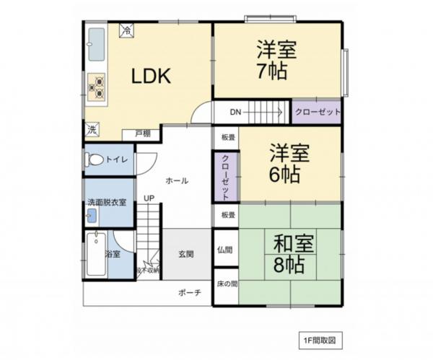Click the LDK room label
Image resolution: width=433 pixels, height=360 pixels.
[x=151, y=76]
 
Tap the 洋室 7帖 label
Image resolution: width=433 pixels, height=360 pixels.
[x=276, y=61]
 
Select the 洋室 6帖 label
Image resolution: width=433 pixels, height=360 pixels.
[x=289, y=164]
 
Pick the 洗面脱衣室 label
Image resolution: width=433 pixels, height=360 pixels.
[x=107, y=202]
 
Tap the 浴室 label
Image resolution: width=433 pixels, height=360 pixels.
[x=112, y=254]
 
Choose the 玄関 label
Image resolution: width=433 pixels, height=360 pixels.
[x=185, y=254]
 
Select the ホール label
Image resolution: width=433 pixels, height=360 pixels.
[x=177, y=180]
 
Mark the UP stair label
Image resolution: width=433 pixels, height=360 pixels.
[x=148, y=198]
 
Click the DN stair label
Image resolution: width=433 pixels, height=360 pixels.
[x=235, y=113]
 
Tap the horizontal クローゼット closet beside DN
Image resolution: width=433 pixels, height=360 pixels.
[x=316, y=113]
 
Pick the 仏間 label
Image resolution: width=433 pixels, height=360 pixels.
[x=224, y=250]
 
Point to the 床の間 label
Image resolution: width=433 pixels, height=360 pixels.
[x=226, y=284]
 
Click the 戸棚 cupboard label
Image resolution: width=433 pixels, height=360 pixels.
[x=142, y=133]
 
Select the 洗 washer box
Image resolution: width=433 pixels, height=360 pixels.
[x=92, y=130]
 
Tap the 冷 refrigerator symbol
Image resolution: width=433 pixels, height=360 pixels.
[x=126, y=31]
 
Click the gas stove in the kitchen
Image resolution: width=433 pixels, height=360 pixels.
[x=96, y=87]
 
